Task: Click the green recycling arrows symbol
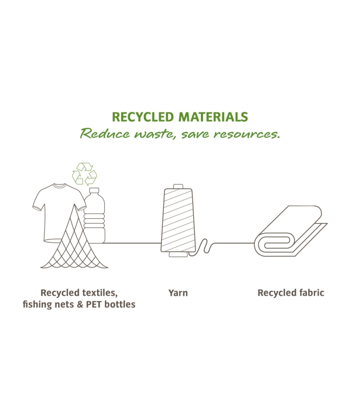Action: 85,174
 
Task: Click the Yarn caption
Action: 178,293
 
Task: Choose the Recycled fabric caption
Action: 290,293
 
